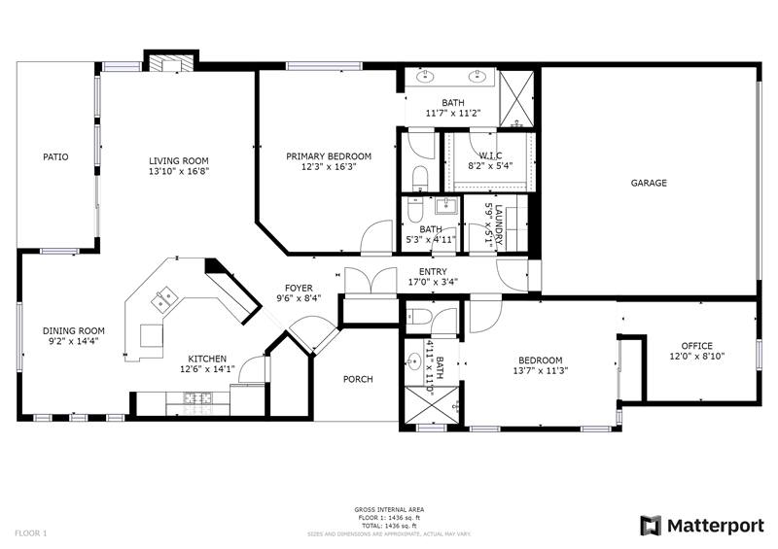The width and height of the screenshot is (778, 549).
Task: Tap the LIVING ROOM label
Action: click(x=178, y=161)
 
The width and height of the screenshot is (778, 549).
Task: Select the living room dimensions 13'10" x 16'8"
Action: click(x=178, y=171)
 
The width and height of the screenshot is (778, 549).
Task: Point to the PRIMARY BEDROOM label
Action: click(x=328, y=156)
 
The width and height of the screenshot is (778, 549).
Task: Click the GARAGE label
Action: click(x=649, y=183)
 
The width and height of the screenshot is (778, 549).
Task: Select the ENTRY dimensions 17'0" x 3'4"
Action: click(x=432, y=283)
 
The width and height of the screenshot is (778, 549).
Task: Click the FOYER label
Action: click(x=298, y=289)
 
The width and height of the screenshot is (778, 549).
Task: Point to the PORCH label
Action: click(x=359, y=379)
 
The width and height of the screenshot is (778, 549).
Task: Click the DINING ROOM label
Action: click(x=73, y=330)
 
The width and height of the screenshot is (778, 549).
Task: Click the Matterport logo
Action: click(x=701, y=526)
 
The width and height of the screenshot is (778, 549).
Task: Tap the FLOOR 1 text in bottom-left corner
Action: click(x=30, y=532)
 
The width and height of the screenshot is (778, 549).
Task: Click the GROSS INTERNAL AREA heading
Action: click(x=389, y=509)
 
